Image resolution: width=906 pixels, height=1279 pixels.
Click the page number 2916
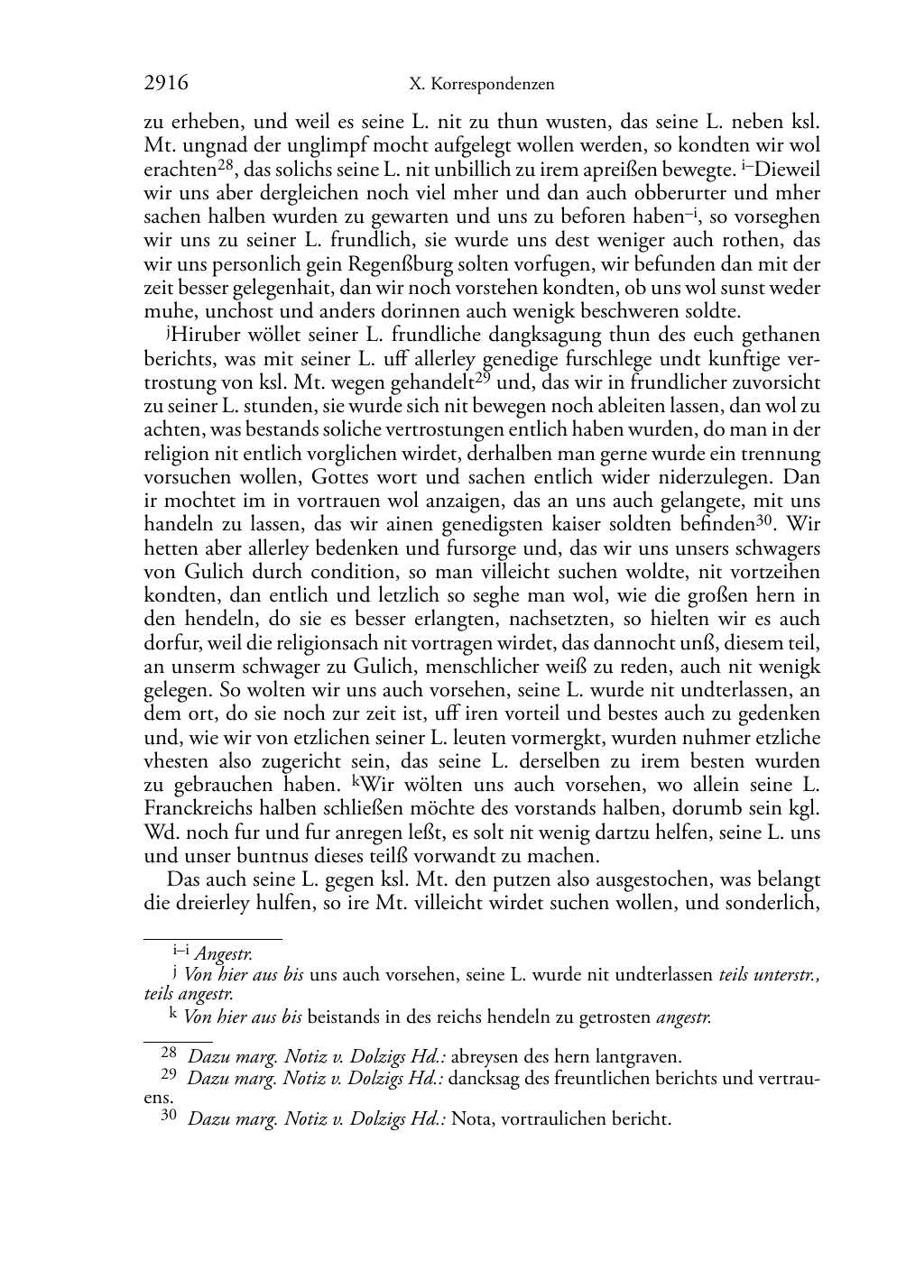coord(166,84)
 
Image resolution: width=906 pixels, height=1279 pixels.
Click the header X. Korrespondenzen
coord(481,85)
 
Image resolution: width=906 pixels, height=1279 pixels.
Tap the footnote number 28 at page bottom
coord(169,1052)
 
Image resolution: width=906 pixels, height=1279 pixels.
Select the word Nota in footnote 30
coord(470,1119)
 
